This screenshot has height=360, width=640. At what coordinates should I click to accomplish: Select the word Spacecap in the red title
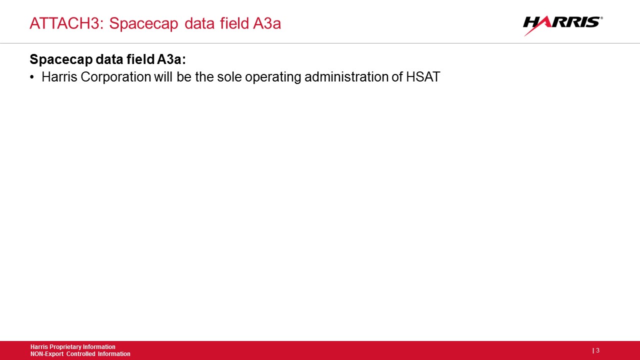click(143, 24)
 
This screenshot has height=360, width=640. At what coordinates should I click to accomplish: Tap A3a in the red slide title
click(267, 23)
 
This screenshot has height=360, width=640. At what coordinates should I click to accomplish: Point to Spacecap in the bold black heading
click(61, 59)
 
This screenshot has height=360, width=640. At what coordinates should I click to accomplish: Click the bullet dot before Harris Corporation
click(31, 77)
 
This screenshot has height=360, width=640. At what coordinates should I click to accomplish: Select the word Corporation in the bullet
click(115, 77)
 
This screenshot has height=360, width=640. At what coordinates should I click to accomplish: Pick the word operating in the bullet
click(273, 77)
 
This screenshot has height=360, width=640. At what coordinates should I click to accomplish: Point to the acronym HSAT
click(423, 76)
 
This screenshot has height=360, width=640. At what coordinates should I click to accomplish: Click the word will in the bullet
click(163, 76)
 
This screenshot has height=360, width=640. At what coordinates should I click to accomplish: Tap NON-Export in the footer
click(47, 354)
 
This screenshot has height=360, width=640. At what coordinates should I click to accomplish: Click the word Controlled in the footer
click(80, 354)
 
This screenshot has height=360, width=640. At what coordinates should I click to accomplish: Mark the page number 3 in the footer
click(597, 350)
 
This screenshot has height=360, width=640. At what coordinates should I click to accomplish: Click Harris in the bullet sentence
click(59, 76)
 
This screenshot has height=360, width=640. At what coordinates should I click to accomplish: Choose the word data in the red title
click(199, 23)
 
